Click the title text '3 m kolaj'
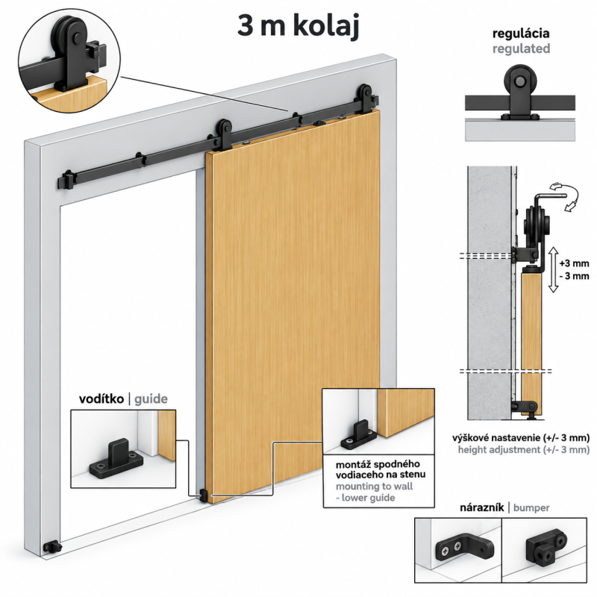click(x=298, y=26)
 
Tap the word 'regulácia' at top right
click(x=520, y=34)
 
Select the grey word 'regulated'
click(x=521, y=49)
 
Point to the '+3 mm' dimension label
click(x=574, y=263)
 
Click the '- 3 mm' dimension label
click(x=574, y=275)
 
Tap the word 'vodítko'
click(x=101, y=399)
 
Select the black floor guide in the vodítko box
click(x=116, y=459)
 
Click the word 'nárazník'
click(x=481, y=507)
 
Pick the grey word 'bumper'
click(x=531, y=508)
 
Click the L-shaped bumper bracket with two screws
click(x=464, y=548)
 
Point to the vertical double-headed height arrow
click(x=553, y=269)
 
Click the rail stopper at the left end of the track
click(x=67, y=180)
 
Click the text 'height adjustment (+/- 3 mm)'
click(x=524, y=450)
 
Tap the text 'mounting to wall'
click(x=374, y=487)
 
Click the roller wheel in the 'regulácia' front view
click(x=520, y=81)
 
